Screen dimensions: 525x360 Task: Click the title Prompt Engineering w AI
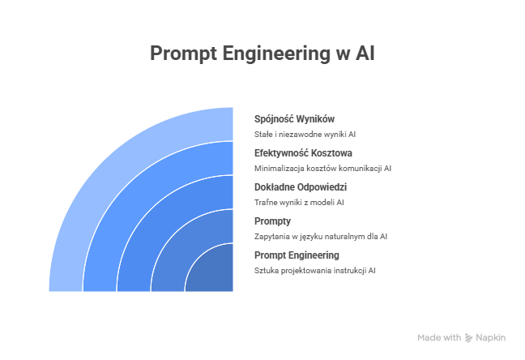tap(262, 54)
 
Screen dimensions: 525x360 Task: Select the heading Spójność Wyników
tap(294, 119)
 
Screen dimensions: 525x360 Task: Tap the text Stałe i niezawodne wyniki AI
tap(305, 135)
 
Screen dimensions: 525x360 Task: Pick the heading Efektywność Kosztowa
tap(303, 153)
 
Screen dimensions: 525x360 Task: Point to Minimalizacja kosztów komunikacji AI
tap(322, 169)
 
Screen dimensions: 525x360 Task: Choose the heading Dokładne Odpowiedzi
tap(301, 187)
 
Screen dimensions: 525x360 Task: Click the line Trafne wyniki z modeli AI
tap(299, 203)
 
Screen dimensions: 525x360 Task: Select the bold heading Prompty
tap(272, 221)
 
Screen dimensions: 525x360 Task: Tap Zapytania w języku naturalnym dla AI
tap(321, 237)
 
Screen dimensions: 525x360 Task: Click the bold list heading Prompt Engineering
tap(297, 255)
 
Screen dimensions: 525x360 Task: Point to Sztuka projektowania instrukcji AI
tap(314, 271)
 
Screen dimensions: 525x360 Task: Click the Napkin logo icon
tap(468, 338)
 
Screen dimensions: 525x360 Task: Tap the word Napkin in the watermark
tap(490, 338)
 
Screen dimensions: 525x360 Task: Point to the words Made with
tap(439, 337)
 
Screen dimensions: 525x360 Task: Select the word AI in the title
tap(365, 54)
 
